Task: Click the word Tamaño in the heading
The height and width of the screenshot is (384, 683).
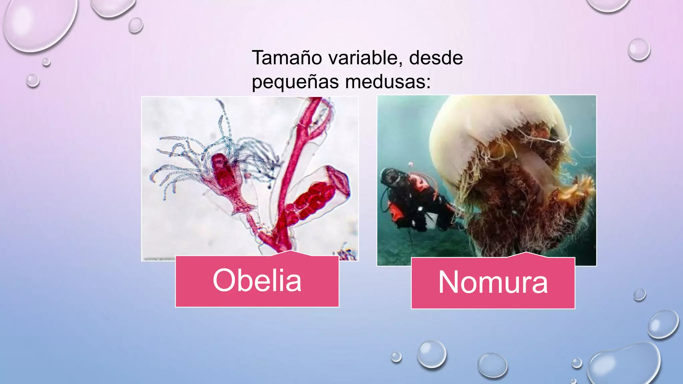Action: click(286, 58)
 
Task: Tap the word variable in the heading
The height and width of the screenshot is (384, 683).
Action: click(363, 58)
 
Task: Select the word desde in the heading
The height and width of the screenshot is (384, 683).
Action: click(436, 58)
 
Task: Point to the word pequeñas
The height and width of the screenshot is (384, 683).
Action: click(295, 82)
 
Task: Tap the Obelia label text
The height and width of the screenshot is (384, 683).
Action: click(257, 281)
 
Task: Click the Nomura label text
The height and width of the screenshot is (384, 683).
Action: click(493, 283)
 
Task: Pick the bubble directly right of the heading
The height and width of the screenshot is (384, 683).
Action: click(639, 49)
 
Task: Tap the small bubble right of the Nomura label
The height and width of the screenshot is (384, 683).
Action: click(639, 295)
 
